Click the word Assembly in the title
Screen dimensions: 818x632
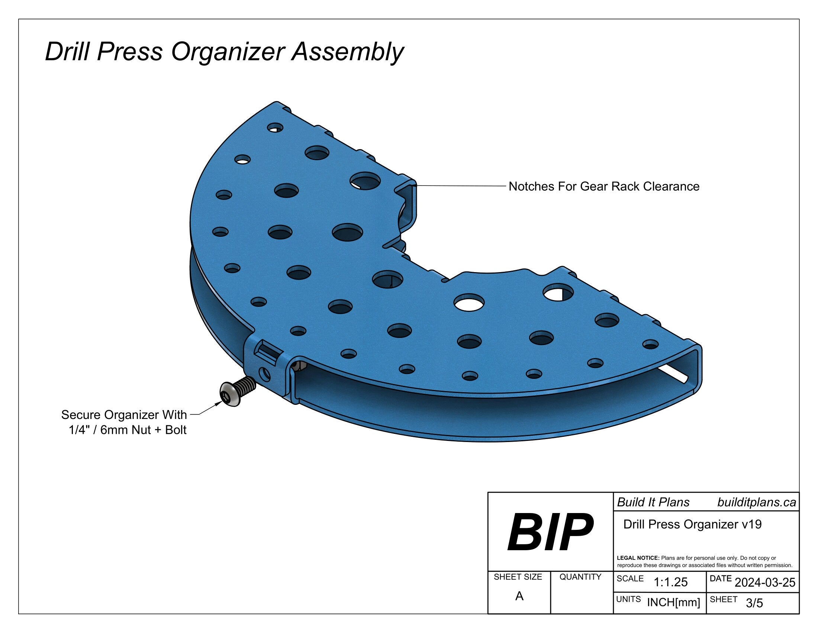[348, 52]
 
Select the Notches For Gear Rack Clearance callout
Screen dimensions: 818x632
[604, 187]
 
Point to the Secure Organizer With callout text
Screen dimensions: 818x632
[124, 415]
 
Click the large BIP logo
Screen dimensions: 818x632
[550, 532]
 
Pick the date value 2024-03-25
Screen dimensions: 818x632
[765, 582]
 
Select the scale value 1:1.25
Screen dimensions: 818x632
[670, 582]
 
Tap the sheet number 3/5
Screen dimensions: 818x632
[754, 603]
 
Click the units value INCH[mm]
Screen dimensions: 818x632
[673, 602]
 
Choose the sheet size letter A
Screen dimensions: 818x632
[519, 596]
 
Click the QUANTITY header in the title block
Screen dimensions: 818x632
[580, 577]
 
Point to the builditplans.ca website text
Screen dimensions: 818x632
[757, 503]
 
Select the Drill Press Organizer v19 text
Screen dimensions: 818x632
[692, 524]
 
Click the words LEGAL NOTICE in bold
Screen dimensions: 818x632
[638, 558]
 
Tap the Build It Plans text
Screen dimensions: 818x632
[653, 503]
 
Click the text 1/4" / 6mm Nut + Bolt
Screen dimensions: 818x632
[127, 430]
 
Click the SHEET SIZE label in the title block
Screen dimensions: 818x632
[518, 577]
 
